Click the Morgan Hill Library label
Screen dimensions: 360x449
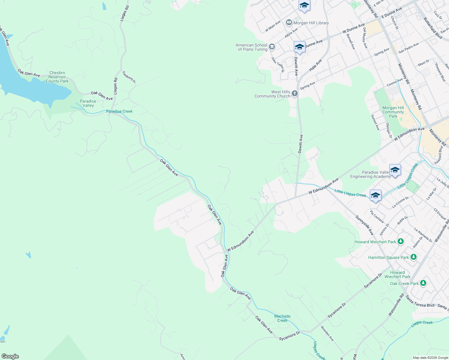311,23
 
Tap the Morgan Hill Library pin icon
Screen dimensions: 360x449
289,22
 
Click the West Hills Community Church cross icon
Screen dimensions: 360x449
295,94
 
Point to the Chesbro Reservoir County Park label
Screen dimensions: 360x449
57,77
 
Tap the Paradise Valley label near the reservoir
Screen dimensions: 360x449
88,103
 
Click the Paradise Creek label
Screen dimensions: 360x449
119,111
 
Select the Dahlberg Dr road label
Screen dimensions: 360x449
129,77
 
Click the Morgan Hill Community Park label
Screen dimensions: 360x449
393,112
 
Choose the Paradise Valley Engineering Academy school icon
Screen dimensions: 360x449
395,170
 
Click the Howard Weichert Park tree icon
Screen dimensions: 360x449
400,241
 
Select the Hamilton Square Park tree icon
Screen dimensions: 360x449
414,257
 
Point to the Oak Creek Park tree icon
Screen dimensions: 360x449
423,283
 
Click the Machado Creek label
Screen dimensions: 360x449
282,318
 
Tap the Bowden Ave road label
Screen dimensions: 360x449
327,333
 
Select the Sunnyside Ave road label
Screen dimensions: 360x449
364,225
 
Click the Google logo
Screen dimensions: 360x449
10,356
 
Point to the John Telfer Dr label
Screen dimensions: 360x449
278,65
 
